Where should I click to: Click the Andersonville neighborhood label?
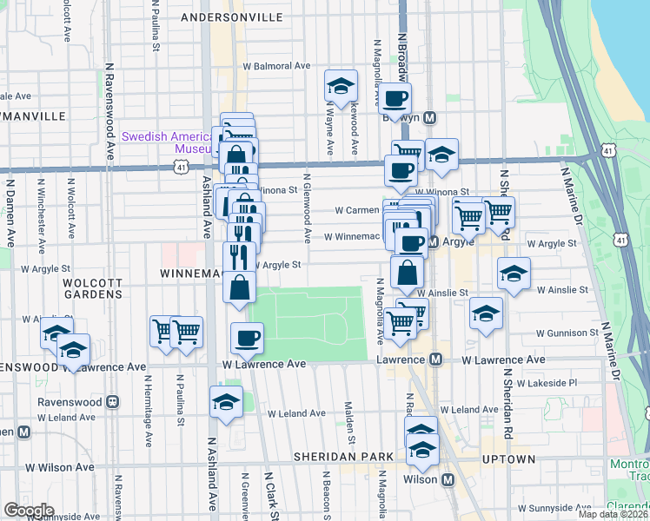[230, 16]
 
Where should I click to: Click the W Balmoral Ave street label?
[276, 65]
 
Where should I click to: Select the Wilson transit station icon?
[448, 479]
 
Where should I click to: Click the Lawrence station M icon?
[436, 359]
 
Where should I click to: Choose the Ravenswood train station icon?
[112, 402]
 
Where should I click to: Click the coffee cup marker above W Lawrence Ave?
[248, 337]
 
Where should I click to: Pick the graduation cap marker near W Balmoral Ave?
[341, 85]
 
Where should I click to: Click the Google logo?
[29, 511]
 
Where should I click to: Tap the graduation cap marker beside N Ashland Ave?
[226, 402]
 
